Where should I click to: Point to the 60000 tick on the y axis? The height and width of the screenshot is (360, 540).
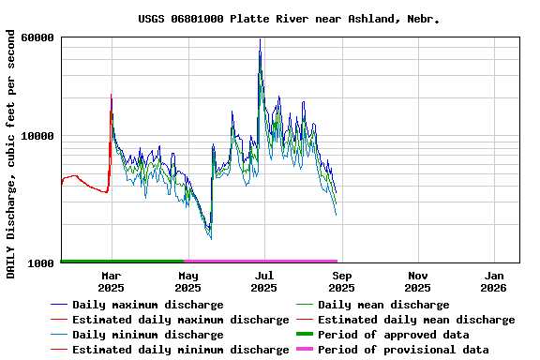tap(37, 37)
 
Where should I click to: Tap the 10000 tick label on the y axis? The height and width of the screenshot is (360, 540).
tap(37, 136)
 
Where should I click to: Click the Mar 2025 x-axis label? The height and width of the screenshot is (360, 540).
tap(112, 281)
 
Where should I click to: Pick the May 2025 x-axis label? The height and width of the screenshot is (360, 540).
tap(188, 281)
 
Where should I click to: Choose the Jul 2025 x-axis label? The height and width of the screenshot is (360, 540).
tap(265, 281)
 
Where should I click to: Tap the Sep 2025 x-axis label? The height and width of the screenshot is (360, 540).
tap(342, 281)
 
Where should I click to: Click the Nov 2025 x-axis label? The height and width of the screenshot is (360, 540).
tap(419, 281)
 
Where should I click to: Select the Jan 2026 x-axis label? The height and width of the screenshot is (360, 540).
tap(495, 281)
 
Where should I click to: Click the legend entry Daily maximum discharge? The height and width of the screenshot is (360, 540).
tap(147, 305)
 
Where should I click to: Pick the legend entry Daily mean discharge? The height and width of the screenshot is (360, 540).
tap(383, 305)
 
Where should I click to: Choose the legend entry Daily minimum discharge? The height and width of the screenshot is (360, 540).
tap(147, 335)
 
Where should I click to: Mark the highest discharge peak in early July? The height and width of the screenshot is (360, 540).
tap(260, 40)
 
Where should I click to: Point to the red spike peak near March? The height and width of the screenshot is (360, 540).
tap(112, 95)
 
